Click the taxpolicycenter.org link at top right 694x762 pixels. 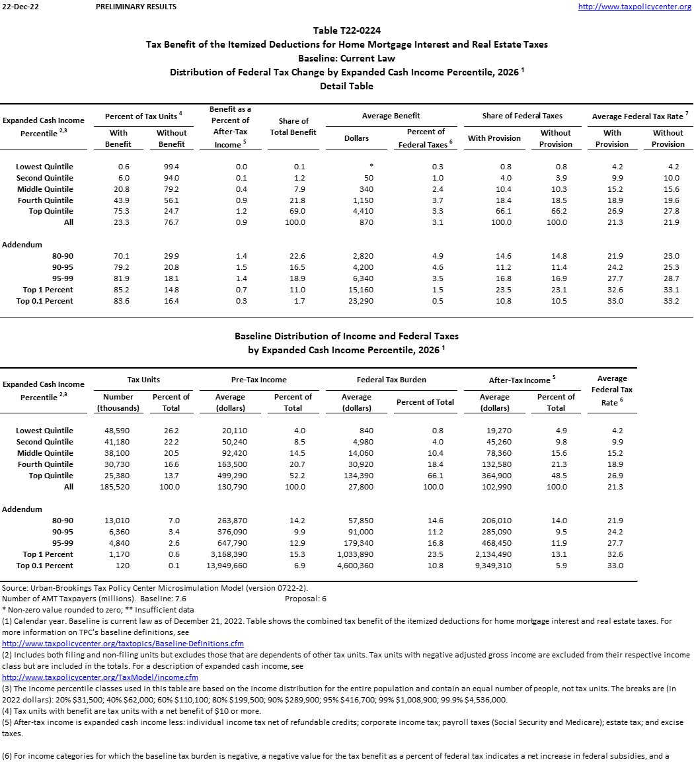coord(635,7)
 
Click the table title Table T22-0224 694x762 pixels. coord(346,30)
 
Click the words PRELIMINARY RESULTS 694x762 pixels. coord(136,7)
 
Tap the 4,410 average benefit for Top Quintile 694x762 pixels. coord(356,211)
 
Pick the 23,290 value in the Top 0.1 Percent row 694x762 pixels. coord(356,301)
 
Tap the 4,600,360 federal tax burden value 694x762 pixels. coord(355,566)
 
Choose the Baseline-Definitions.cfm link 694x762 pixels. coord(123,643)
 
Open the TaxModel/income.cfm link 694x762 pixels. coord(100,677)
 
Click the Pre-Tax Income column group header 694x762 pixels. coord(260,380)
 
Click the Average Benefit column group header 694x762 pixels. coord(391,116)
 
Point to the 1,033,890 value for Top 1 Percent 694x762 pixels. coord(355,554)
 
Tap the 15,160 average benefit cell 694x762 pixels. coord(356,290)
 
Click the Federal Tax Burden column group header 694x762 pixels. coord(391,380)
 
